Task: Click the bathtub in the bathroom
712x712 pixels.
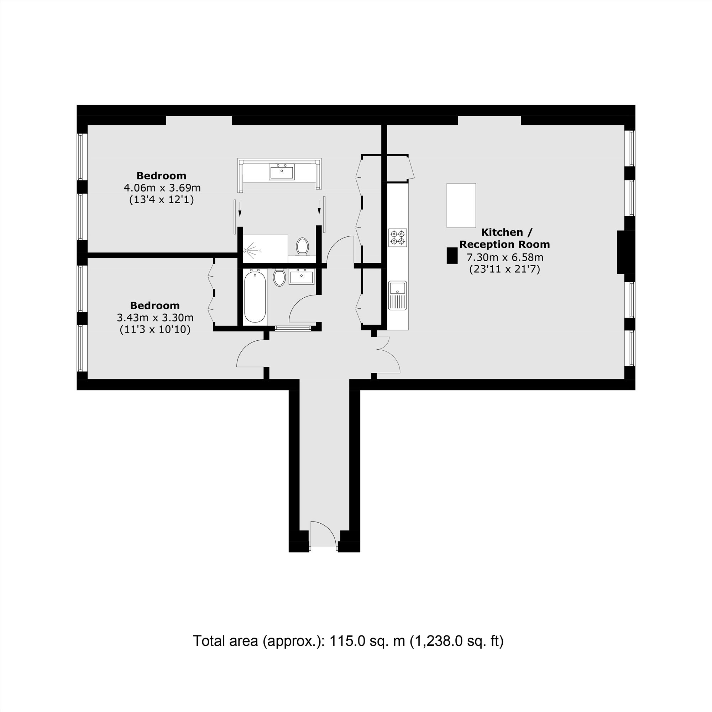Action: (x=255, y=296)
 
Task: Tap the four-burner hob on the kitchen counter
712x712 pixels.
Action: (x=398, y=237)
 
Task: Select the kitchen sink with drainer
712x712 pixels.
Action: (x=398, y=295)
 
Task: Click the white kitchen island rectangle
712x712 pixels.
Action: (x=461, y=205)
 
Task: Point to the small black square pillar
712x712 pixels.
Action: (x=452, y=255)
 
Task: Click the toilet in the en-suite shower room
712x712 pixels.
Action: (x=303, y=246)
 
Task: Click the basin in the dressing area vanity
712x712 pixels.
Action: (x=282, y=171)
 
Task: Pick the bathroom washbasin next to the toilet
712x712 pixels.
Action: (x=302, y=277)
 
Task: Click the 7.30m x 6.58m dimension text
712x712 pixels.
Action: (x=505, y=257)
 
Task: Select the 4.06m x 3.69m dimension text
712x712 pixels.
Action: (x=162, y=188)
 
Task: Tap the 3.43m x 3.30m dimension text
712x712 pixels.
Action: (x=155, y=317)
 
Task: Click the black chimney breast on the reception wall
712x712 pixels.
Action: (x=621, y=252)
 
